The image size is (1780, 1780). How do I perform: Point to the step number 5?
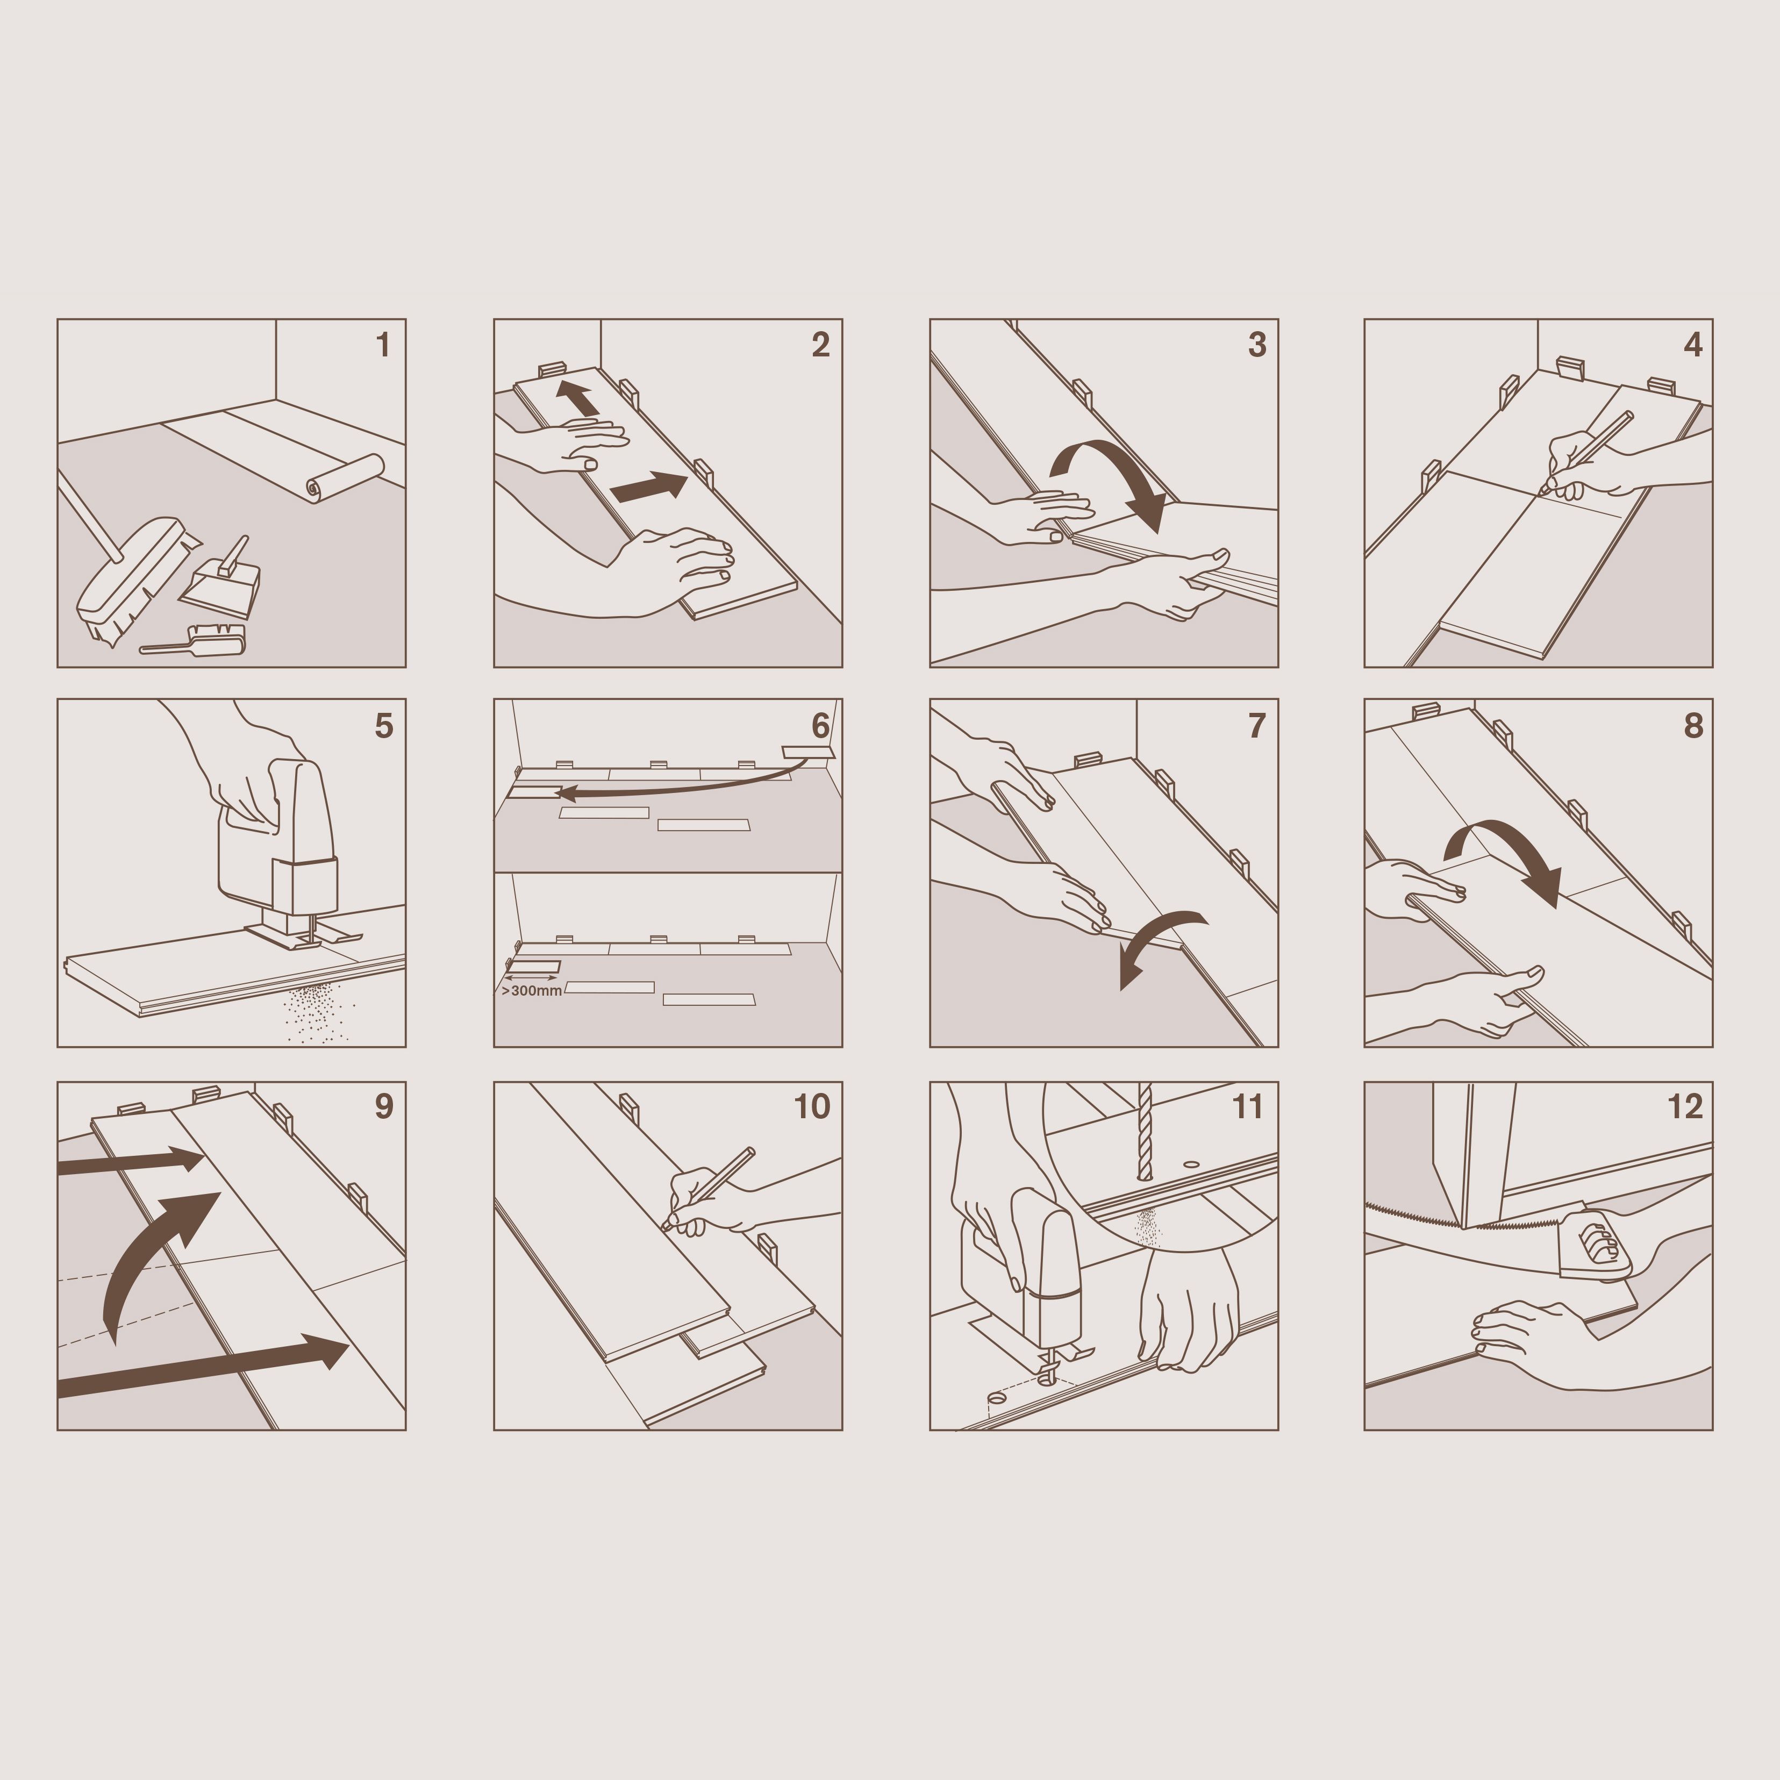pyautogui.click(x=383, y=726)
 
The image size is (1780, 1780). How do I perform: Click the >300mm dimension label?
pyautogui.click(x=532, y=990)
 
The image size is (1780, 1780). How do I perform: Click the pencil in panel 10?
pyautogui.click(x=707, y=1189)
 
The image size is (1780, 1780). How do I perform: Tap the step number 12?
pyautogui.click(x=1686, y=1106)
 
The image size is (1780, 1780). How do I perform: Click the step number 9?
pyautogui.click(x=384, y=1106)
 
